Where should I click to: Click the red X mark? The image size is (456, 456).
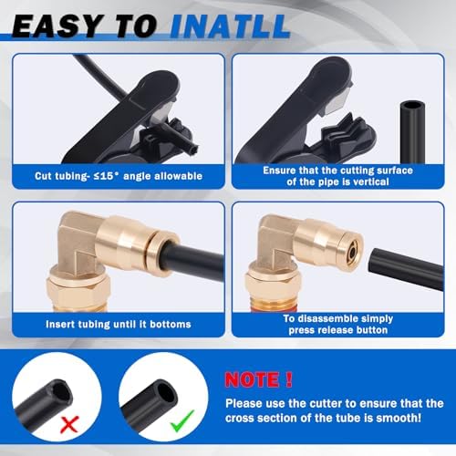click(x=69, y=424)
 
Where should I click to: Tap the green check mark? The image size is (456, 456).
click(x=182, y=421)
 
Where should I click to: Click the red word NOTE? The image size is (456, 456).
click(x=252, y=379)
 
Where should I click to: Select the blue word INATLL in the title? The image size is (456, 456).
click(x=230, y=26)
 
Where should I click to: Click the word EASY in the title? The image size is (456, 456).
click(x=57, y=26)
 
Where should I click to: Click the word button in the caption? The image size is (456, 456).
click(x=372, y=330)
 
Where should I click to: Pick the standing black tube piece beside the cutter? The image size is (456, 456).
click(x=412, y=132)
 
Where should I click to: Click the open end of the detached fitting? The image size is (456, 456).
click(x=353, y=252)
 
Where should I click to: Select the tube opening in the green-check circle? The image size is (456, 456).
click(x=167, y=393)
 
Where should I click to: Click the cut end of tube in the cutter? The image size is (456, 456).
click(x=193, y=149)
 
